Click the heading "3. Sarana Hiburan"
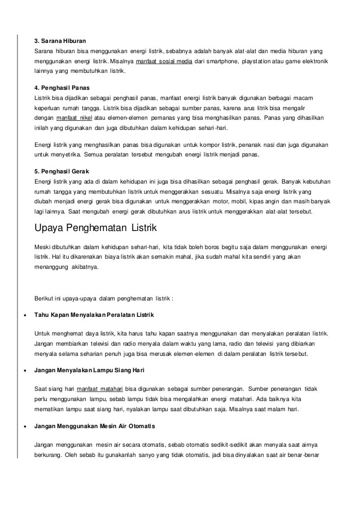(x=60, y=41)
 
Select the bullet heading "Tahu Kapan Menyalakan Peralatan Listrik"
(x=94, y=314)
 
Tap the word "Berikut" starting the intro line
(x=45, y=298)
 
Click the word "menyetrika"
(x=63, y=154)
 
